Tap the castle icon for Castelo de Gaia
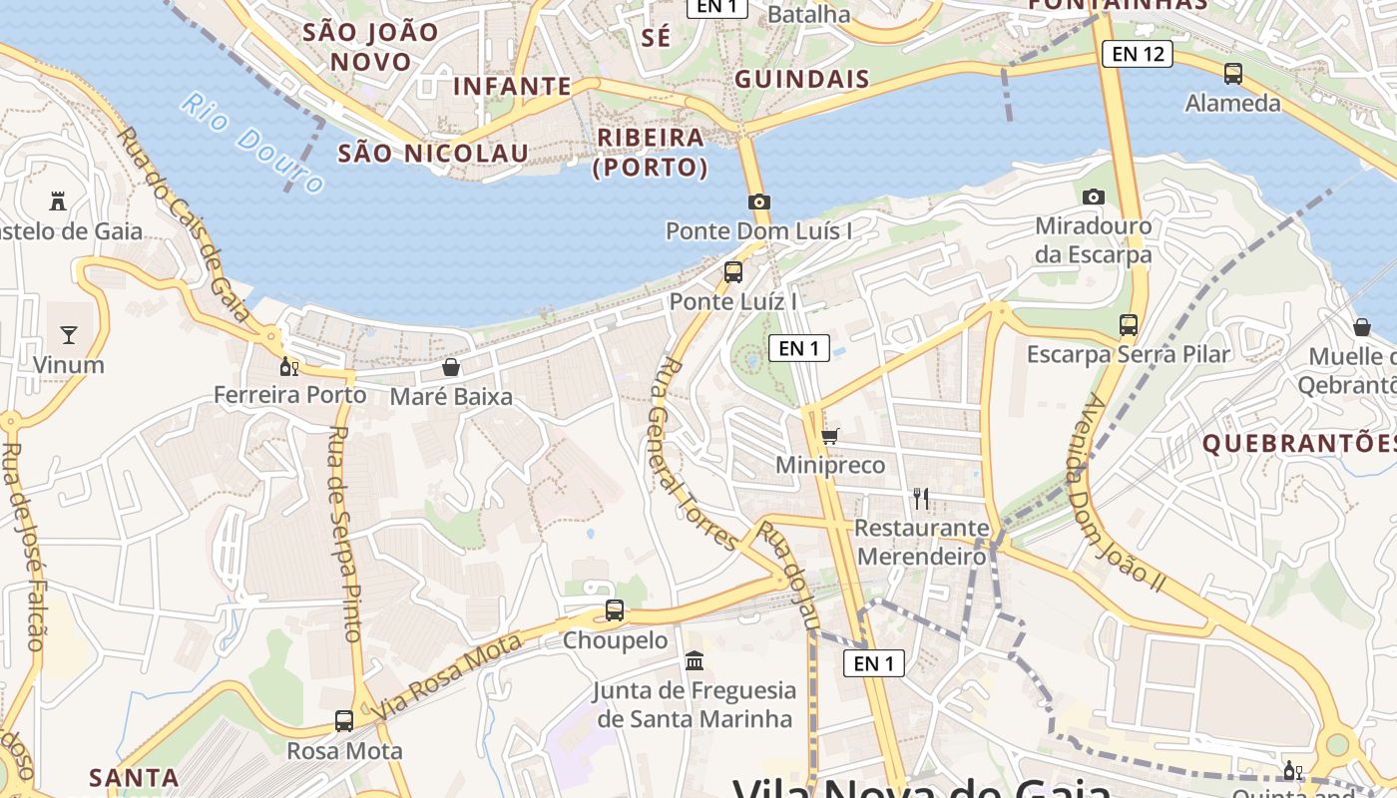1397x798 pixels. [58, 201]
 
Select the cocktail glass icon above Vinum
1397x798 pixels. [69, 334]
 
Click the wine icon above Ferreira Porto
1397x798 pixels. [289, 366]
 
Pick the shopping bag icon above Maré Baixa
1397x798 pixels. [451, 367]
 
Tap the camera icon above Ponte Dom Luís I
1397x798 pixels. [758, 202]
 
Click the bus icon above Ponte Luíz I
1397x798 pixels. [733, 271]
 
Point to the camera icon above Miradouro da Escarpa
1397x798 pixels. [1094, 197]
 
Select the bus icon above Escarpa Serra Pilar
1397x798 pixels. [1129, 324]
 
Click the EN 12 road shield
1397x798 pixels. [1138, 54]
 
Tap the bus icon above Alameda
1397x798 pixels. [1233, 73]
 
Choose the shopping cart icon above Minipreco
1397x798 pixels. [829, 436]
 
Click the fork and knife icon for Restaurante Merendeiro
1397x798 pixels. [921, 498]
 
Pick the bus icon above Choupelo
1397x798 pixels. [615, 610]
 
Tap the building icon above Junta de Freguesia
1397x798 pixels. [695, 660]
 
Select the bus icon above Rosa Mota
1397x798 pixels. [344, 720]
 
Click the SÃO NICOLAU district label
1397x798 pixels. [433, 153]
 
